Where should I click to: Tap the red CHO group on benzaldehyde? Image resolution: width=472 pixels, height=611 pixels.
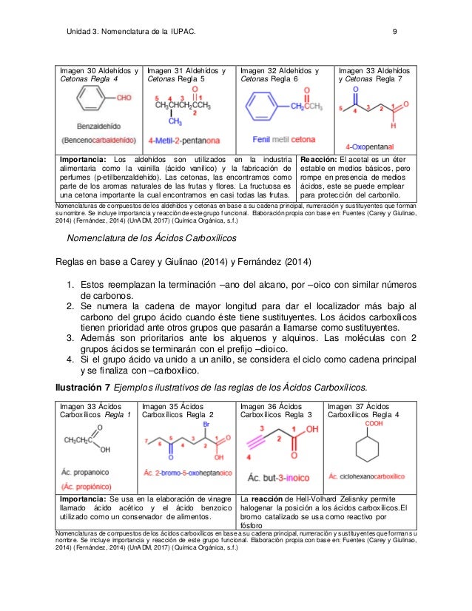(123, 98)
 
